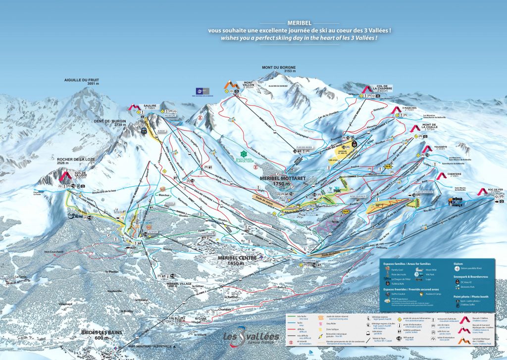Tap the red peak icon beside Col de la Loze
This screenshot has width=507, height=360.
pyautogui.click(x=65, y=175)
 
